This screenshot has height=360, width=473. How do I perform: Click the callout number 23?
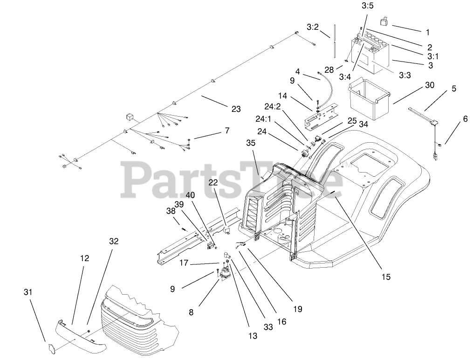[x=236, y=109]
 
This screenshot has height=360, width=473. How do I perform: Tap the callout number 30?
[x=429, y=85]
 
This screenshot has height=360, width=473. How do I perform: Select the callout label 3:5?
[x=368, y=7]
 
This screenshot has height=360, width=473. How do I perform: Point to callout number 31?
[x=28, y=292]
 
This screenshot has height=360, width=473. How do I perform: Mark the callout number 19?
[x=298, y=309]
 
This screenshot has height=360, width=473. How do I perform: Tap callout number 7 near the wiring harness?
[x=227, y=131]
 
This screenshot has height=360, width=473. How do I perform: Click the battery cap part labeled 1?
[x=384, y=21]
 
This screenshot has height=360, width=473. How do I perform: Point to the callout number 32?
[x=114, y=241]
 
